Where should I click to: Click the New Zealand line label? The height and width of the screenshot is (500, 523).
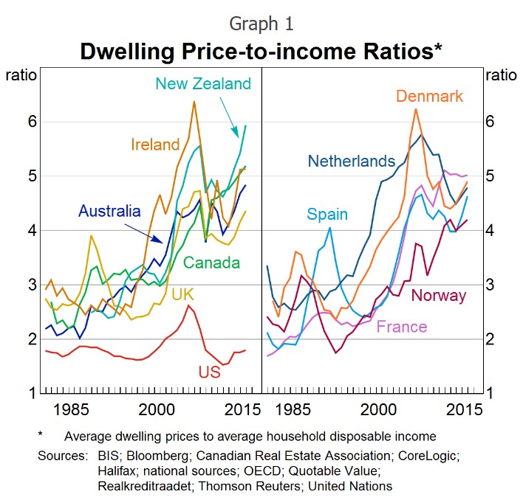click(x=203, y=83)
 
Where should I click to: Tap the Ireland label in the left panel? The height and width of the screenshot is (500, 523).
click(x=155, y=145)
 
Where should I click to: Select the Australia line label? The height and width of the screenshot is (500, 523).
click(x=109, y=212)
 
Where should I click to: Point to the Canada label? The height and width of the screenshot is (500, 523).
click(x=211, y=263)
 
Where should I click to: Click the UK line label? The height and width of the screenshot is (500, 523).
click(x=182, y=294)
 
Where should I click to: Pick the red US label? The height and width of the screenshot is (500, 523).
click(x=209, y=372)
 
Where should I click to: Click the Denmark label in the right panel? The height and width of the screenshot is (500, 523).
click(x=429, y=96)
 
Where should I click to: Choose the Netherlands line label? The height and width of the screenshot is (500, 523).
click(x=352, y=161)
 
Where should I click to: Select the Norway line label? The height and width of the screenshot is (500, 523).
click(x=439, y=296)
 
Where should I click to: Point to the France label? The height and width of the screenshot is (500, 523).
click(x=402, y=327)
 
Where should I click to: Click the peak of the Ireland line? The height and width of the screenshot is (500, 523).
click(x=194, y=102)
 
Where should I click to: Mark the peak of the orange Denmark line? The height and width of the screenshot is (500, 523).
click(x=416, y=109)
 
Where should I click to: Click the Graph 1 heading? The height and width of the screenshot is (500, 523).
click(x=261, y=24)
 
